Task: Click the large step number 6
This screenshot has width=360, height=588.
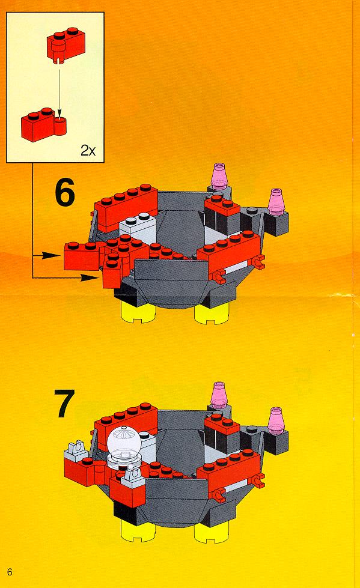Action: pos(64,192)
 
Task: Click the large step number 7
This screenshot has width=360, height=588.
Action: pos(64,403)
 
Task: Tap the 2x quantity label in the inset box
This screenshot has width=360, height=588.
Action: pos(88,151)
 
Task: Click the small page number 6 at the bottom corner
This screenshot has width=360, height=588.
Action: pos(10,572)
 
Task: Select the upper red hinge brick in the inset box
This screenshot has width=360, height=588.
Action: pos(66,44)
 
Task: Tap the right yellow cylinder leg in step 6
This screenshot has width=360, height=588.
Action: pos(212,312)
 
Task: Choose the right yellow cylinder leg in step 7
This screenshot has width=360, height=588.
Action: pos(212,532)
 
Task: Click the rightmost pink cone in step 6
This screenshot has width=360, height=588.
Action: pos(276,202)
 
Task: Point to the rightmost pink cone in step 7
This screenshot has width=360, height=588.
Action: pos(276,421)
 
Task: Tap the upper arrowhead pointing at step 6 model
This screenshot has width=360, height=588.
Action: pos(50,256)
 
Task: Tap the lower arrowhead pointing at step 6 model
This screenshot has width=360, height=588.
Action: pos(90,277)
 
